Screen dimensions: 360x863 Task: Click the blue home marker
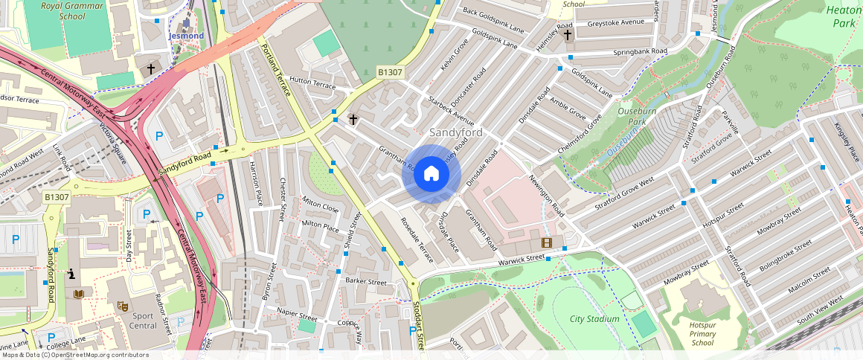[x=431, y=174]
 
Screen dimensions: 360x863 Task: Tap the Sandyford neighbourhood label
[x=456, y=132]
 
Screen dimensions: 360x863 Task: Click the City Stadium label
[x=594, y=319]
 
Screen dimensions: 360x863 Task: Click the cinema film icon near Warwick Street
[x=547, y=242]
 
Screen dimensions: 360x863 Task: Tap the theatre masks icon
[x=123, y=306]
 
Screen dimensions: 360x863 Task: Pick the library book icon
[x=79, y=295]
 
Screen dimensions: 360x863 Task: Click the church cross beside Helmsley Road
[x=568, y=34]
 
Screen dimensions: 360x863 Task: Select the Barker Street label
[x=366, y=282]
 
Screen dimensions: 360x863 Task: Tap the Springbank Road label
[x=640, y=53]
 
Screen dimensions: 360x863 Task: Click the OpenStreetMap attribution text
[x=74, y=355]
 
